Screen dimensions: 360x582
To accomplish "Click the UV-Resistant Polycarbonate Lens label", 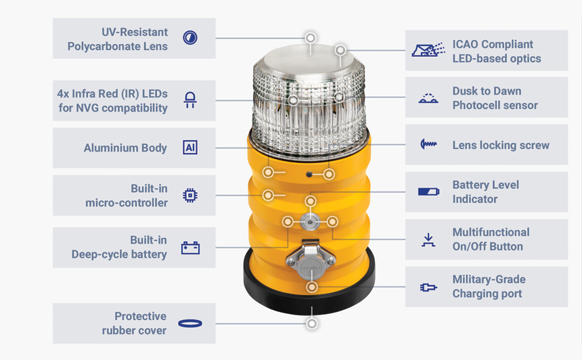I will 117,39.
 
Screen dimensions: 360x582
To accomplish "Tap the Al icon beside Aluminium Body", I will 190,148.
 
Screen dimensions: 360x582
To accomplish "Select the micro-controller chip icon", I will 190,196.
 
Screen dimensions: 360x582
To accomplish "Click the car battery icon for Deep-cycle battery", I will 190,248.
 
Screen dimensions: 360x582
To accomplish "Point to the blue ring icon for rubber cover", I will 190,323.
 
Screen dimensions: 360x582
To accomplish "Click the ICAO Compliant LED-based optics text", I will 496,51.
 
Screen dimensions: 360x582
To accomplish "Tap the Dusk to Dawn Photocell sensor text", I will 495,98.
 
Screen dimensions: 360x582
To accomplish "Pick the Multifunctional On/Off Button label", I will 491,239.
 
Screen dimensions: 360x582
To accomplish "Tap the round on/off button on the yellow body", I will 310,221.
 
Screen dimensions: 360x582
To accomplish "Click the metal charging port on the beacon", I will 309,261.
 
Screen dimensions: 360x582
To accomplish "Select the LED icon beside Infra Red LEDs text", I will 190,101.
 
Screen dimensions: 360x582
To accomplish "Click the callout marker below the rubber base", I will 311,324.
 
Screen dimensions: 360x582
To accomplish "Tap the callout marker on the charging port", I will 311,288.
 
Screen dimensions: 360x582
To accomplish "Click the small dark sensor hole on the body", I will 309,174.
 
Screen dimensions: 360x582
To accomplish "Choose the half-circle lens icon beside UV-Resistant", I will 190,38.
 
